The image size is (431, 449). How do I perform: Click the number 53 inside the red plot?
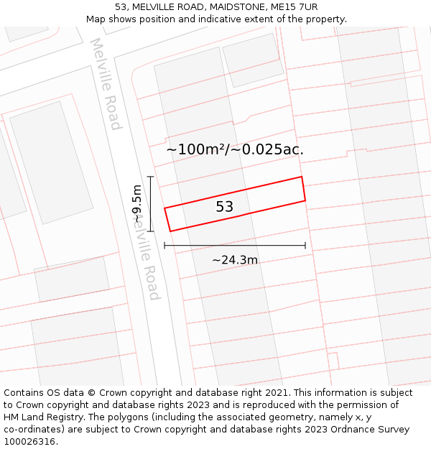225,207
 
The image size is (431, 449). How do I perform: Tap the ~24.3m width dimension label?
235,260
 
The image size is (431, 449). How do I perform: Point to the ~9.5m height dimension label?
136,204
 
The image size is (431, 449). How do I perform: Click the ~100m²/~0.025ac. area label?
235,149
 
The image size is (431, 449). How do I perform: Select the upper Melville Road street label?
106,84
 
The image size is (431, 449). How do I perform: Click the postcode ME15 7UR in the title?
295,7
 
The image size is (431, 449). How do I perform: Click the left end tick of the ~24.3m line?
164,246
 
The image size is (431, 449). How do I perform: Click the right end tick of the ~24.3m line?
305,246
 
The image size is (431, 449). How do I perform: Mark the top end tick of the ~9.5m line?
151,176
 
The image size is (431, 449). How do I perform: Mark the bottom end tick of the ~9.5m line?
151,231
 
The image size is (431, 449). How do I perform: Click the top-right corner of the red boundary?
302,177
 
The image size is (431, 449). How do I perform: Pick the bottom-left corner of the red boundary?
170,231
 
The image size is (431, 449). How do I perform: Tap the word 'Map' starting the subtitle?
96,19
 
